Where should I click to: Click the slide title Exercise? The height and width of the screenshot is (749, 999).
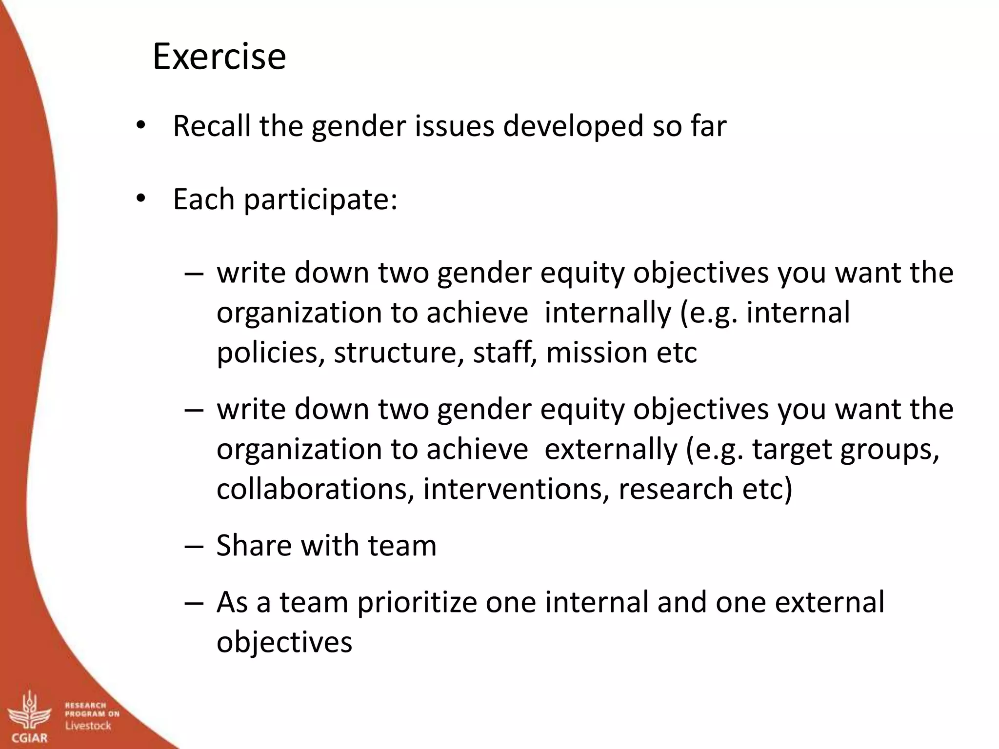click(x=219, y=57)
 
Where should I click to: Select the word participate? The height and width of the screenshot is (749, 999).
click(x=320, y=200)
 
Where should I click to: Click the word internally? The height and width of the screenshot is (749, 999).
click(x=607, y=313)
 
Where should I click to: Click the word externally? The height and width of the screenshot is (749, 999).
click(x=611, y=449)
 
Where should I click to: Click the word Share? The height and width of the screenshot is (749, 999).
click(x=254, y=545)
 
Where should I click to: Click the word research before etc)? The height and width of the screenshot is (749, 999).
click(x=676, y=489)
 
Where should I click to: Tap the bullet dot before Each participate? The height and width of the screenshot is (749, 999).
click(x=141, y=199)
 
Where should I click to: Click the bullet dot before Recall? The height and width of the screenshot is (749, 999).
click(x=141, y=126)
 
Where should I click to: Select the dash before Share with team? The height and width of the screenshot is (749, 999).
click(x=194, y=546)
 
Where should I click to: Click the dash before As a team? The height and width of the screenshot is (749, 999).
click(x=194, y=603)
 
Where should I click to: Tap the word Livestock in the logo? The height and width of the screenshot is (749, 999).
click(x=88, y=726)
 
